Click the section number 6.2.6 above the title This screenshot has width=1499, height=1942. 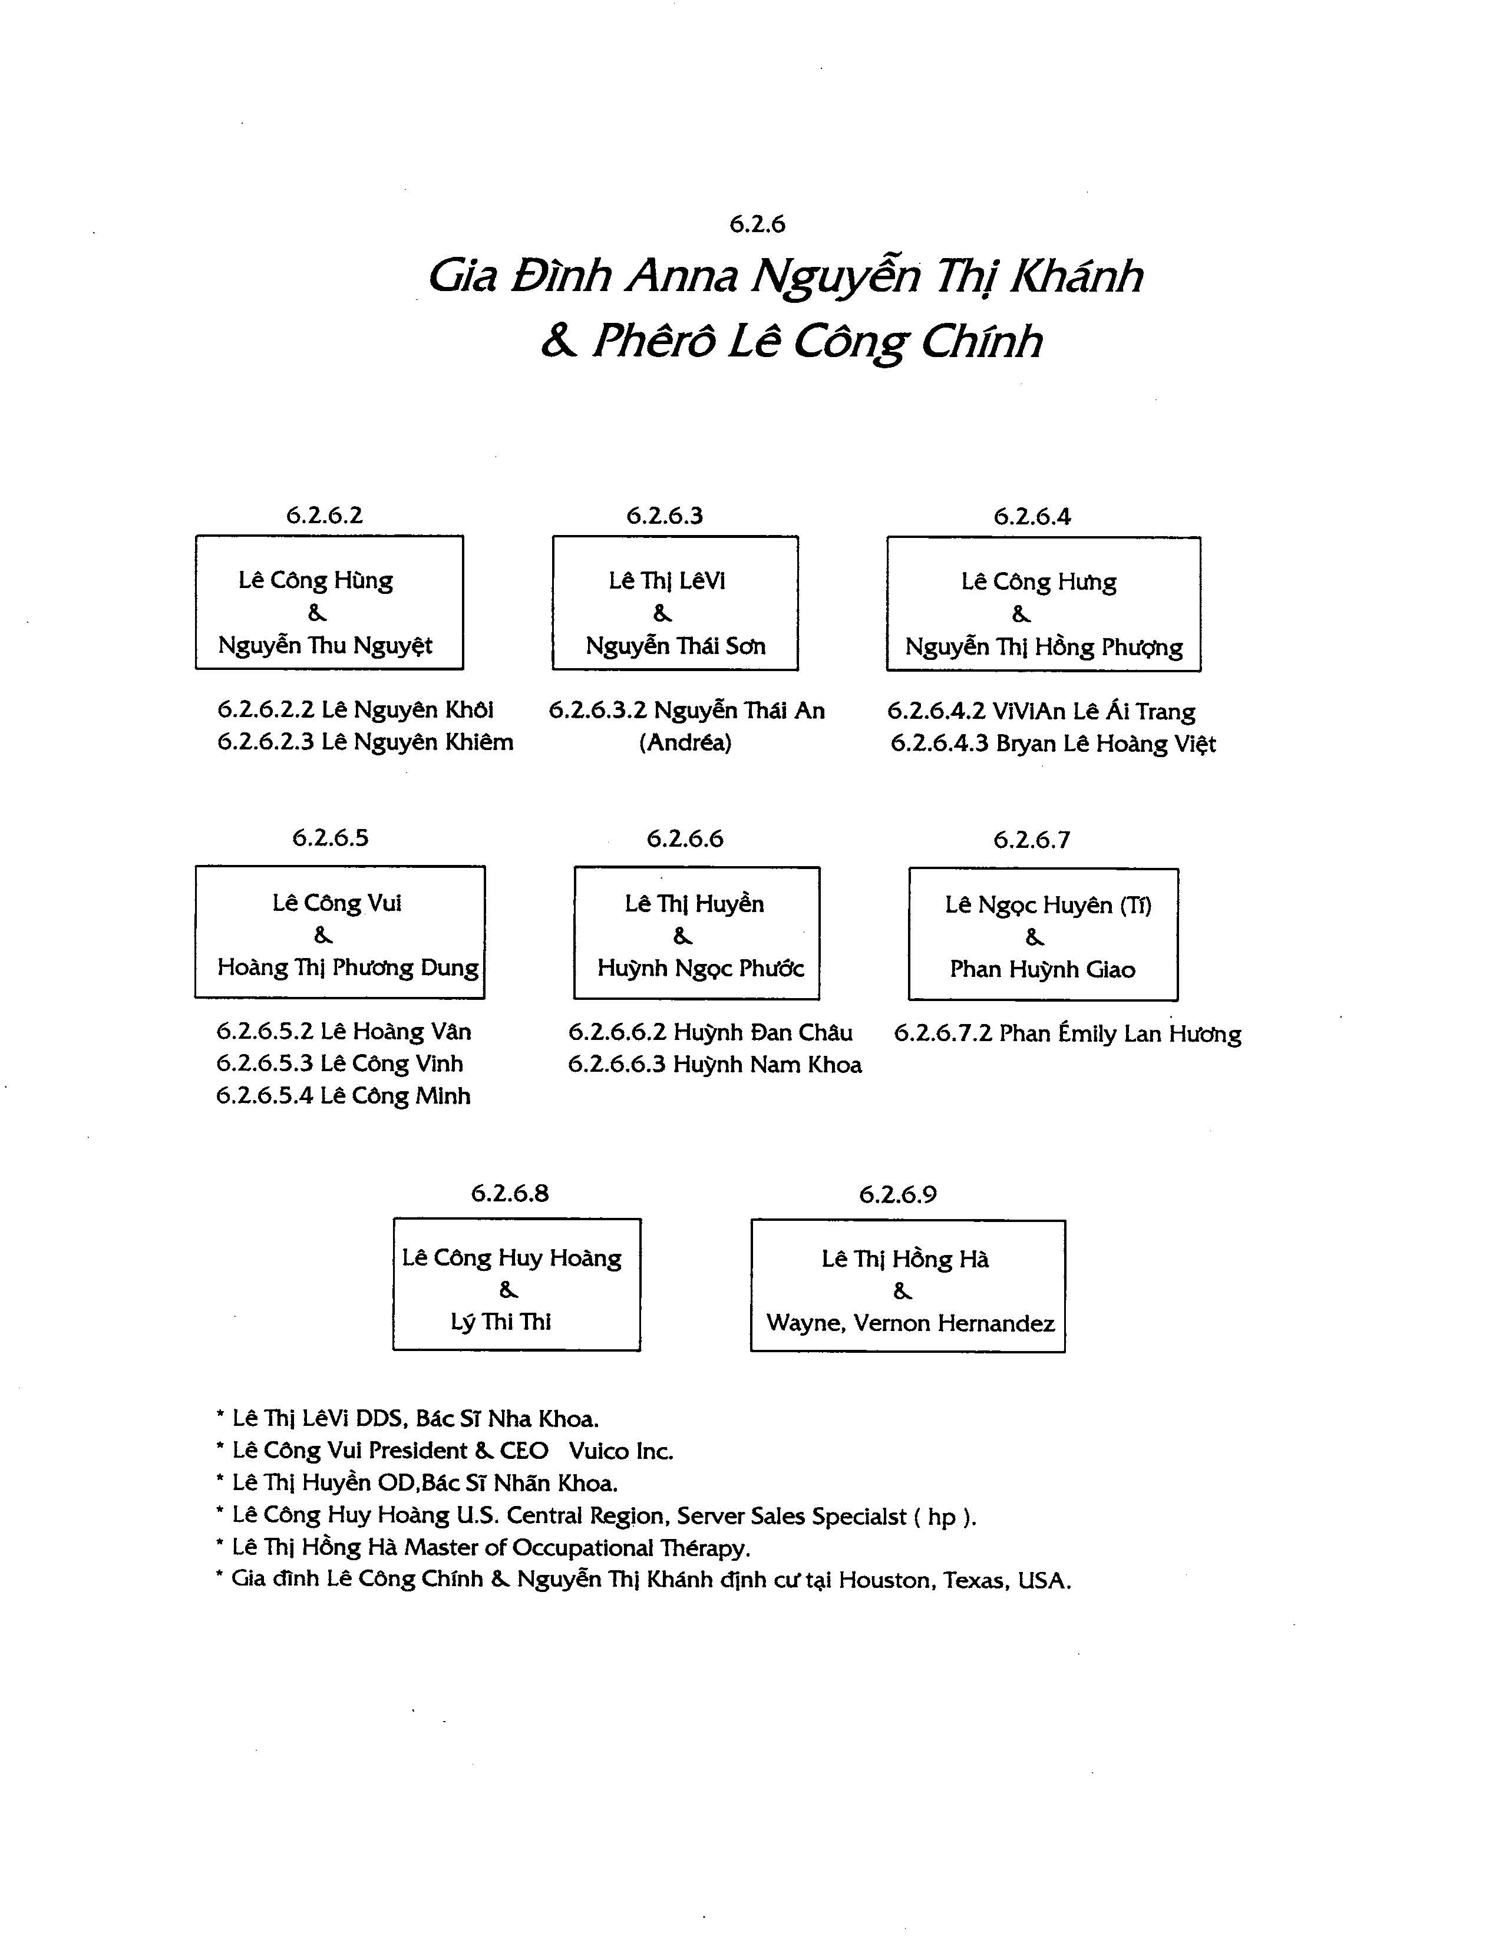click(x=758, y=224)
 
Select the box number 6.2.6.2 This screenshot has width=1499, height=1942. click(x=325, y=516)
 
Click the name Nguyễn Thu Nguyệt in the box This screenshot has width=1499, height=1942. click(x=325, y=646)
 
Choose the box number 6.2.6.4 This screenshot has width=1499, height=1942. click(x=1032, y=517)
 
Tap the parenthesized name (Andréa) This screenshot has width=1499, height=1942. click(x=685, y=742)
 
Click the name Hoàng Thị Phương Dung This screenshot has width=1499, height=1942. click(x=348, y=967)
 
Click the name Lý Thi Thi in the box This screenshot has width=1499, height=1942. click(x=501, y=1322)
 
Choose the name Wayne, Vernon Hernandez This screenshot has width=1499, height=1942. click(x=910, y=1323)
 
